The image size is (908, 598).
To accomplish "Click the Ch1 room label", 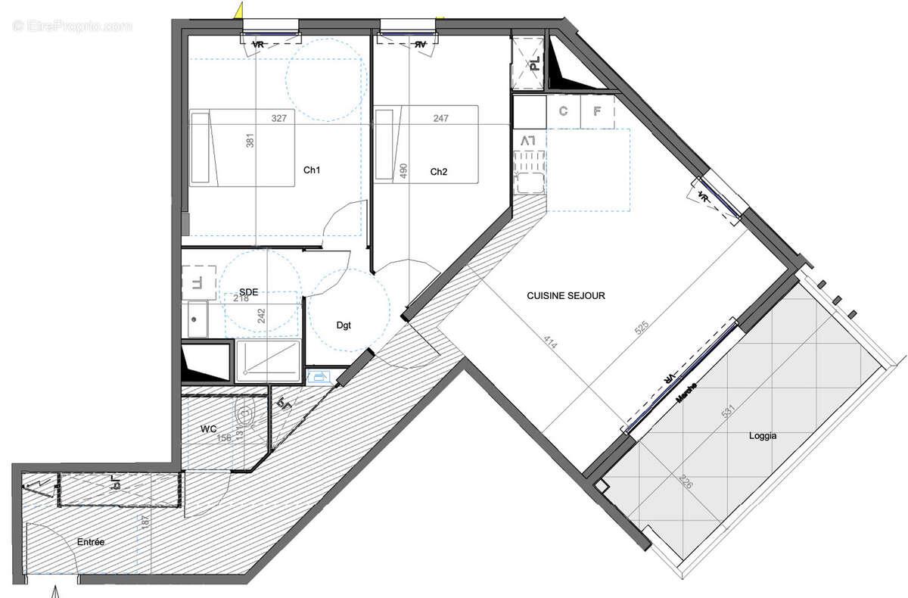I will [312, 171].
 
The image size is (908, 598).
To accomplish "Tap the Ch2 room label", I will [439, 173].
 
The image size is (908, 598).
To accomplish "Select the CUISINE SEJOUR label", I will [566, 296].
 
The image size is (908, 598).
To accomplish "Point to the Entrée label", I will [90, 542].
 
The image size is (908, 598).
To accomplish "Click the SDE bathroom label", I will [249, 291].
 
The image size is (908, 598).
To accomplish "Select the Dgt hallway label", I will [345, 325].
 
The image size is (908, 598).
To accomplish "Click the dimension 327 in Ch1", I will [279, 118].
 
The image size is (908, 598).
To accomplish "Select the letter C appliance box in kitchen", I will [563, 112].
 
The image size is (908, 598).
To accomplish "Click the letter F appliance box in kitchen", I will [598, 112].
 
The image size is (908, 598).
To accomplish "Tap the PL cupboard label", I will [534, 64].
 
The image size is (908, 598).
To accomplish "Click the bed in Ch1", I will [242, 147].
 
